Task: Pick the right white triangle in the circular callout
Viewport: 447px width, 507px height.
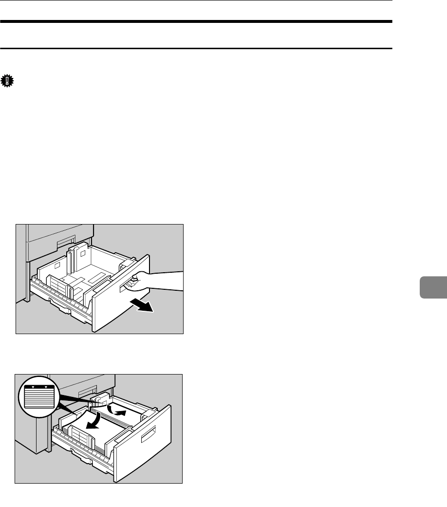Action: [x=46, y=389]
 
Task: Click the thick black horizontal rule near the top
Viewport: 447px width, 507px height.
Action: [x=196, y=22]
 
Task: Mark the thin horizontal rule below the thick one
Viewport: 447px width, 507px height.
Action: [x=196, y=48]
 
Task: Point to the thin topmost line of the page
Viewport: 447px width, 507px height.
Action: [x=196, y=0]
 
